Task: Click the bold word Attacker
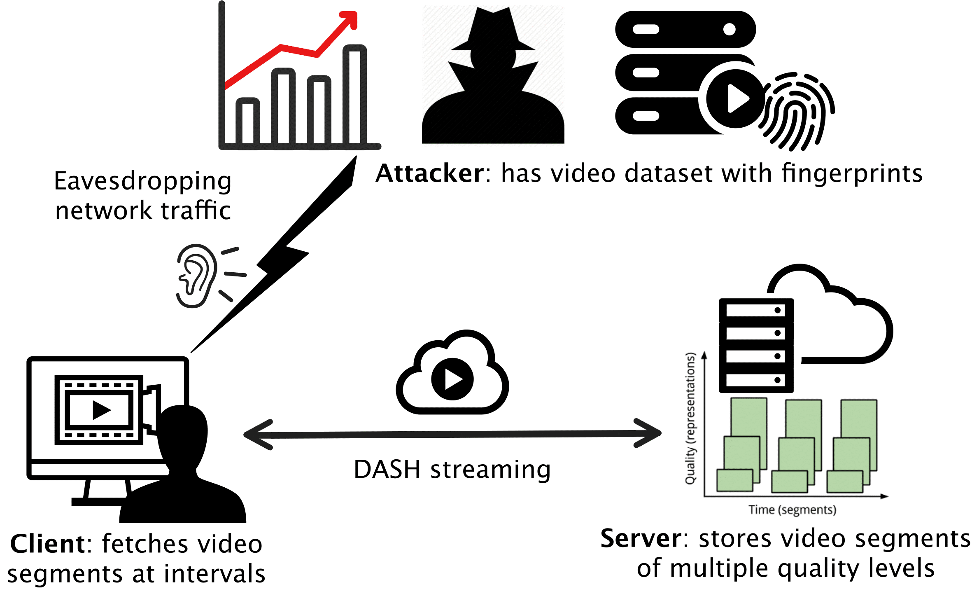pos(430,173)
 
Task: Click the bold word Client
pos(48,544)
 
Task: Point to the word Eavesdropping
pos(142,181)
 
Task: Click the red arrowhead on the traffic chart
pos(350,19)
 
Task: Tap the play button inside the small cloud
pos(452,379)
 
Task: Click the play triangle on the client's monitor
pos(101,410)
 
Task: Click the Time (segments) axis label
pos(792,510)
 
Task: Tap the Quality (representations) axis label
pos(690,418)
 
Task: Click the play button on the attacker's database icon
pos(736,99)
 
